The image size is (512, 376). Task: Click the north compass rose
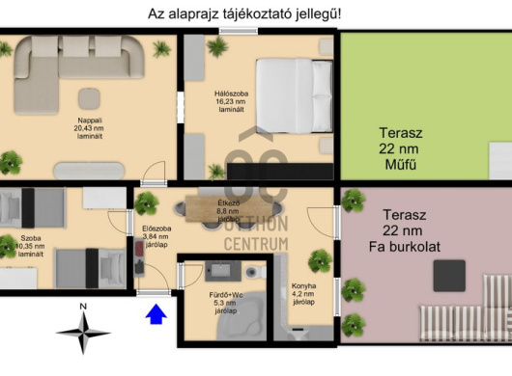click(x=83, y=330)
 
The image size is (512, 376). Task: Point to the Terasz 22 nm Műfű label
click(x=397, y=151)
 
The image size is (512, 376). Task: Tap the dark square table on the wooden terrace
click(x=448, y=275)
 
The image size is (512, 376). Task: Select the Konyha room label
click(x=304, y=292)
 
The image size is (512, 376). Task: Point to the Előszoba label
click(x=156, y=235)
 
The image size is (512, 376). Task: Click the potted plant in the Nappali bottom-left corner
click(x=13, y=160)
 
